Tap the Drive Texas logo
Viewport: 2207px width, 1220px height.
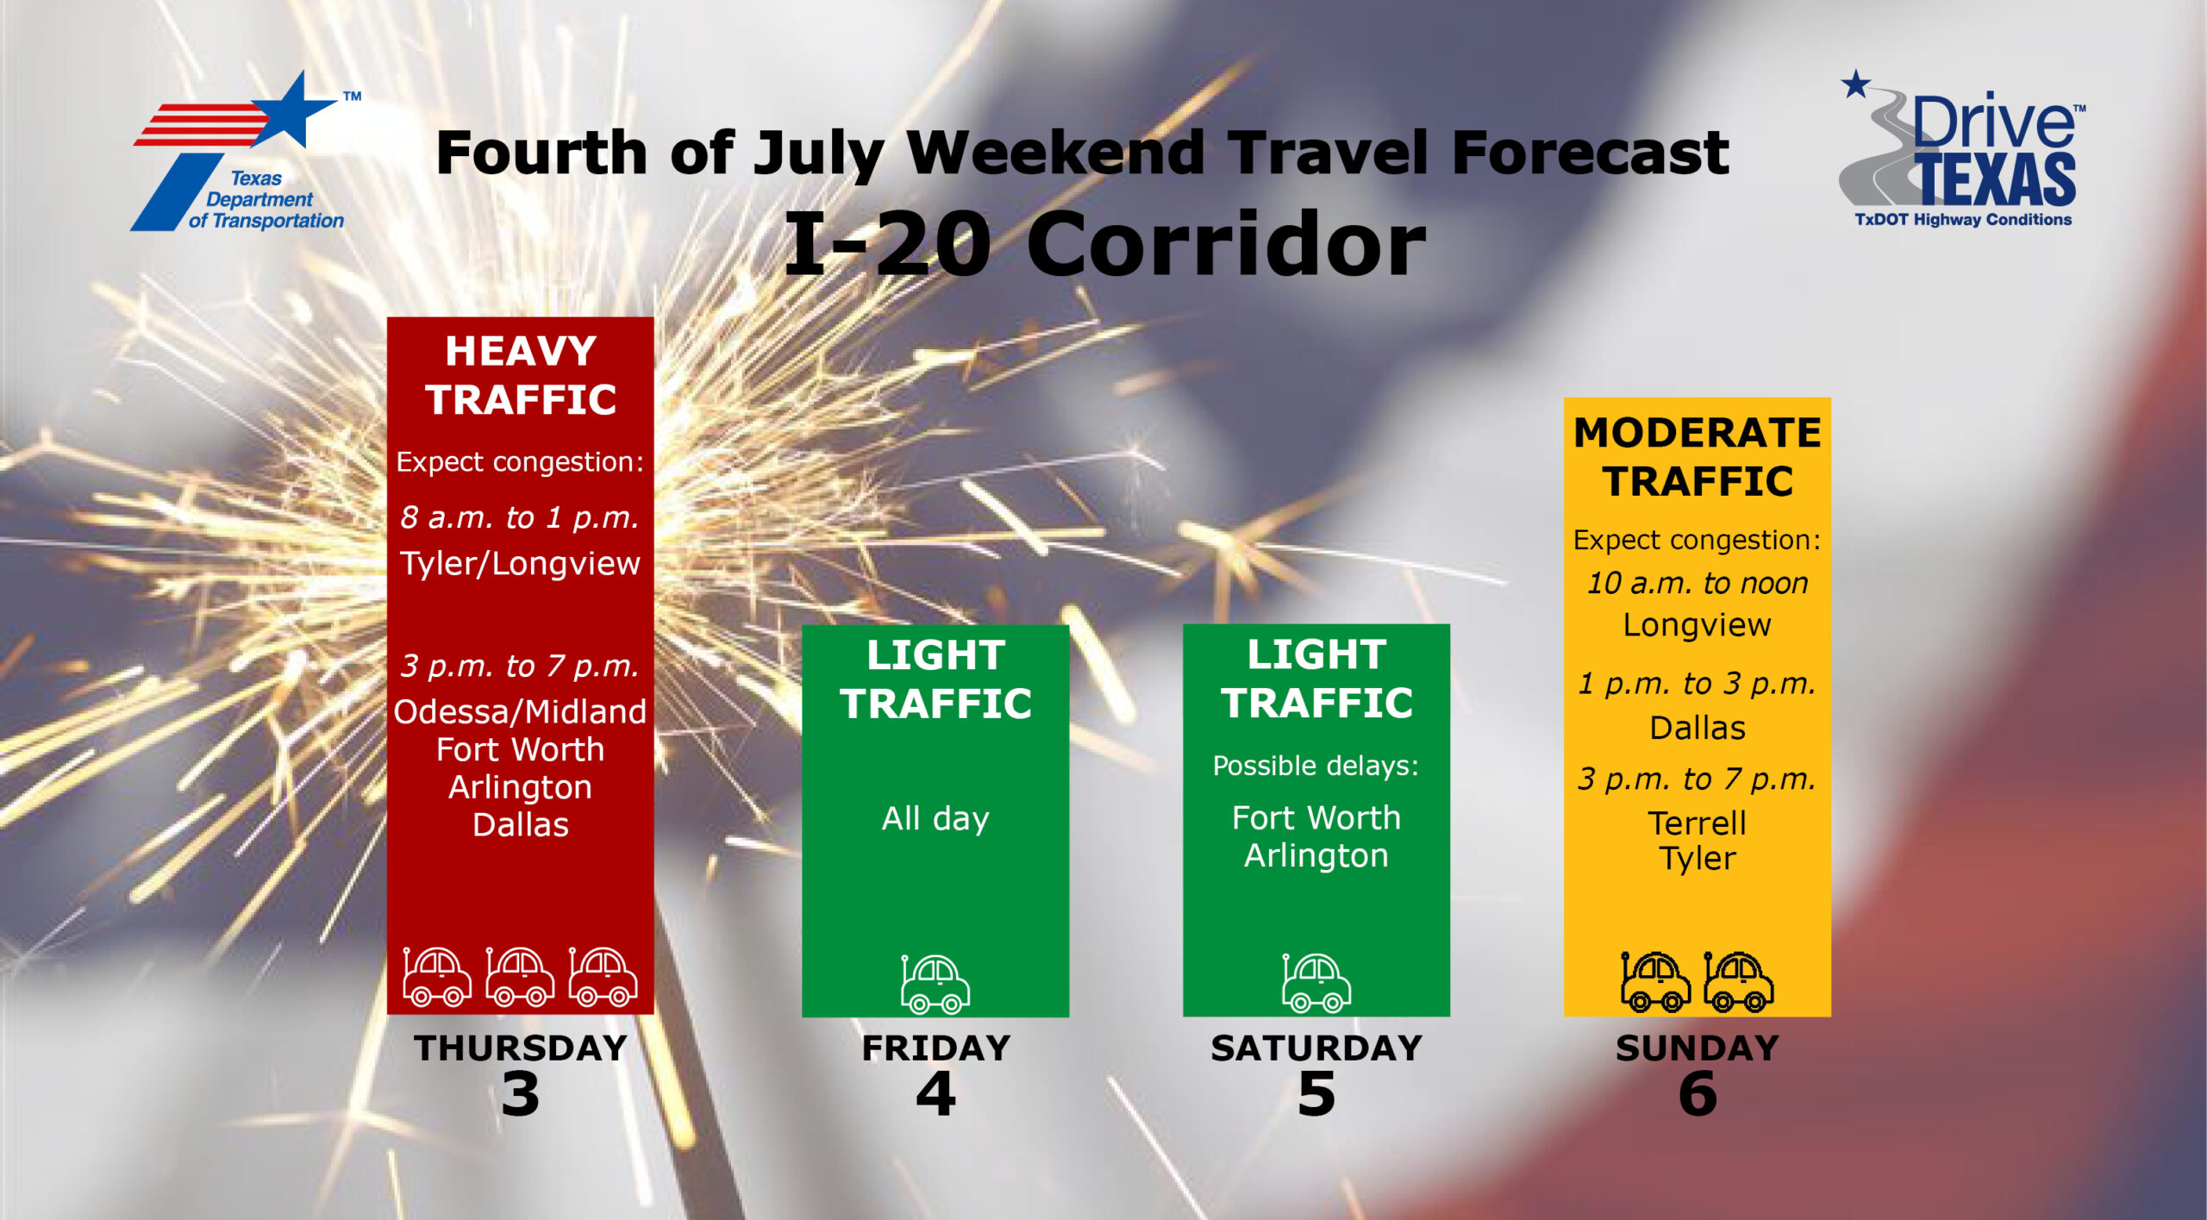1962,149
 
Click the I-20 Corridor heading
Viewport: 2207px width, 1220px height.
1104,244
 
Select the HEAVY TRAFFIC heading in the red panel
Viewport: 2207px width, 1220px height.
521,375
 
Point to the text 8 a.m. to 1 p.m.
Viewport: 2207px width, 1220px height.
520,517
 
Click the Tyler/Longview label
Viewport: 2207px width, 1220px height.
520,564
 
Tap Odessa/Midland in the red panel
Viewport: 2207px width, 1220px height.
520,711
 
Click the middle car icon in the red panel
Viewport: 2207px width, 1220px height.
520,977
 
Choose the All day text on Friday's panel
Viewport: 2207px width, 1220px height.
935,818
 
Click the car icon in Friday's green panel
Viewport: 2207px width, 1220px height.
935,983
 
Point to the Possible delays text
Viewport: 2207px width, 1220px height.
1316,766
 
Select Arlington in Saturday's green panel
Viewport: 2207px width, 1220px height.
1316,855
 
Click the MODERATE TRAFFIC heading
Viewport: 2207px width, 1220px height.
1697,457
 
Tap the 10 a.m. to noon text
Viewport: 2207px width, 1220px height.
1697,584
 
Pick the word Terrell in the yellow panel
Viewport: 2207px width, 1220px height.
1697,823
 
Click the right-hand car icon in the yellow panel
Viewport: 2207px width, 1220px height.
1739,981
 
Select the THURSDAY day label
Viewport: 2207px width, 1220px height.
521,1048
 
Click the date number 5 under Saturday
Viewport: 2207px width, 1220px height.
1316,1094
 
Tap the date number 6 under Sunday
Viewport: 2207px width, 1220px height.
1697,1094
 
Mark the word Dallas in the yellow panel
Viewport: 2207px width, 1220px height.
1697,729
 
